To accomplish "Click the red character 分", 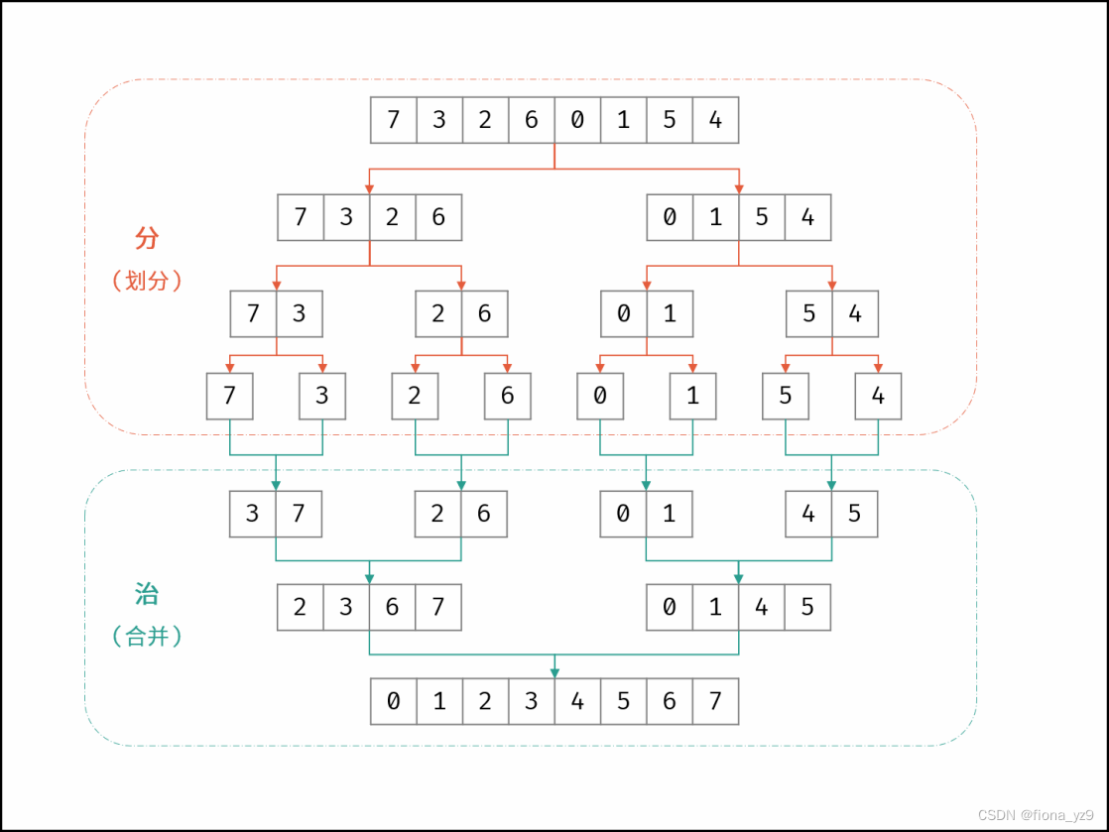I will coord(147,238).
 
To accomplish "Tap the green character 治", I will coord(147,594).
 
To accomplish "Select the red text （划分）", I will coord(148,281).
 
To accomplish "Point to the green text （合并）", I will coord(148,637).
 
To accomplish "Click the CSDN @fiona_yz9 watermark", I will coord(1037,814).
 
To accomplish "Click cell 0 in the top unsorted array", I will coord(577,120).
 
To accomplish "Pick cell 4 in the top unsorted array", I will coord(715,120).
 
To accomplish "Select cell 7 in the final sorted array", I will coord(715,701).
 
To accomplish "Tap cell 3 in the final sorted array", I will coord(531,701).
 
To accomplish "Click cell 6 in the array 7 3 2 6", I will coord(438,217).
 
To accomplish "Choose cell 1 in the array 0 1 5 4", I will coord(715,217).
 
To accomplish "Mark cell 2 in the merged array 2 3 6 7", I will coord(301,606).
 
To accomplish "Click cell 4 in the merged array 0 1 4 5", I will coord(762,606).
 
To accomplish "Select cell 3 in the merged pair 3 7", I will coord(253,514).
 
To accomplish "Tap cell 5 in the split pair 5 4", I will coord(809,314).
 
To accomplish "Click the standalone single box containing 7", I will coord(230,396).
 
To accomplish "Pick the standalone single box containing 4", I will coord(878,396).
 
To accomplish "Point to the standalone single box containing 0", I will coord(600,396).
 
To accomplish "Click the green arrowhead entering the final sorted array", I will coord(554,671).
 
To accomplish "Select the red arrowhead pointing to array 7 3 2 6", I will coord(370,187).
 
